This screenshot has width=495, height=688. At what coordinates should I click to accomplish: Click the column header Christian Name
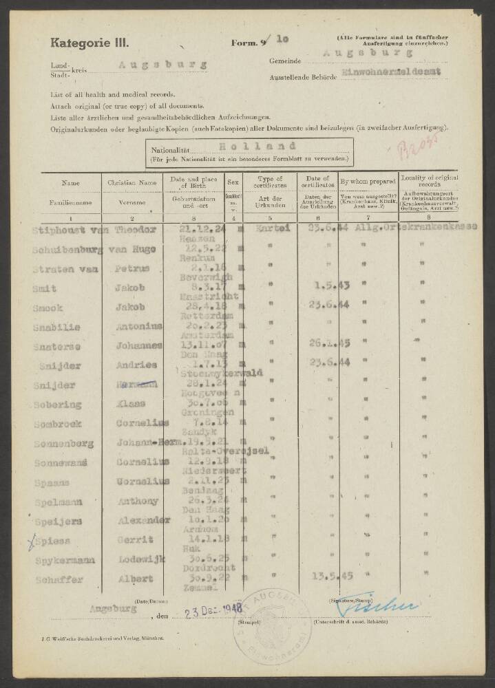click(133, 184)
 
